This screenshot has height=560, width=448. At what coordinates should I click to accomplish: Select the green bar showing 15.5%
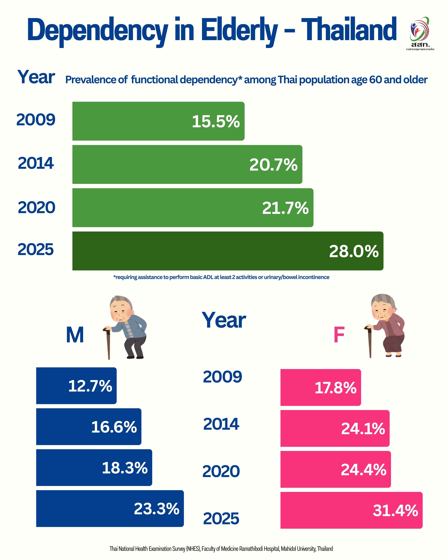coord(158,121)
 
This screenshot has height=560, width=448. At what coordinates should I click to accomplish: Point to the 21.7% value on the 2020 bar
coord(285,208)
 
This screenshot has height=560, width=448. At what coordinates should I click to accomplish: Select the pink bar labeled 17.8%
coord(321,387)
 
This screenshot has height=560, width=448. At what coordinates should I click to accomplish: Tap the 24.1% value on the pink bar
coord(363,429)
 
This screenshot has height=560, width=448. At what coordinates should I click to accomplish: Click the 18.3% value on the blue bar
coord(125,468)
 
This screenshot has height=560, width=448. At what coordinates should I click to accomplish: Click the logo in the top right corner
coord(420,32)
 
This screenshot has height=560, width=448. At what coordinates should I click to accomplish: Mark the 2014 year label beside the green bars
coord(36,163)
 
